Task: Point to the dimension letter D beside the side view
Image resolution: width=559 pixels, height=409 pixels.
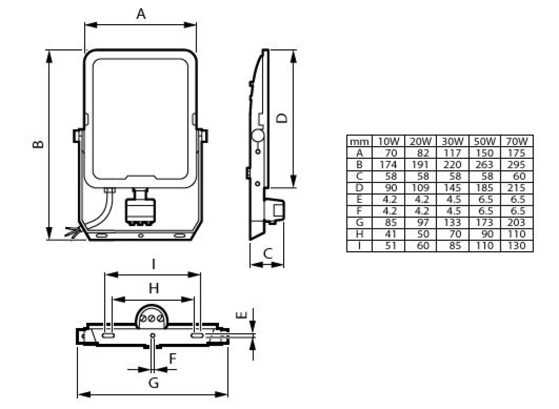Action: click(282, 118)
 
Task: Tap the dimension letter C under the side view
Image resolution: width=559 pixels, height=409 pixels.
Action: click(268, 254)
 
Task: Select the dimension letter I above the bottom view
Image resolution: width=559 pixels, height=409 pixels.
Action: click(154, 264)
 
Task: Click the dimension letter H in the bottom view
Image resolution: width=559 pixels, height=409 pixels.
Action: click(154, 288)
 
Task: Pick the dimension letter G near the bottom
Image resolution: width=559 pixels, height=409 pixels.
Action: click(154, 382)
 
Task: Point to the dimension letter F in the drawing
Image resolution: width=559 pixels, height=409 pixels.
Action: click(173, 359)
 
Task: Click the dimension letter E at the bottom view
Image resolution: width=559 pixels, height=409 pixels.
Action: click(242, 315)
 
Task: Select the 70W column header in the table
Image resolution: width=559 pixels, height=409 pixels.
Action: click(517, 141)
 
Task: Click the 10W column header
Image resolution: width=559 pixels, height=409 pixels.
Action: click(389, 141)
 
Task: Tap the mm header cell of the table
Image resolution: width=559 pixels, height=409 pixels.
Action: click(359, 142)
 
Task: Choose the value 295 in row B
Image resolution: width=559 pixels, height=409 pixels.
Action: click(516, 165)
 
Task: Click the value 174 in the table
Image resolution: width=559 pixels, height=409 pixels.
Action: click(389, 165)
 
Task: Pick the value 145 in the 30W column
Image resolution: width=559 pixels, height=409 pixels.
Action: click(452, 188)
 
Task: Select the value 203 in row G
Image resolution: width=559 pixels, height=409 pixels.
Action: click(516, 222)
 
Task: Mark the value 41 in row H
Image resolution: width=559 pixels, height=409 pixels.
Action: click(390, 234)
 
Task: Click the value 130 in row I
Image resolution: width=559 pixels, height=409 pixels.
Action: click(516, 246)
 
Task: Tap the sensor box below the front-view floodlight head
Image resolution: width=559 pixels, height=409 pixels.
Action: click(140, 211)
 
